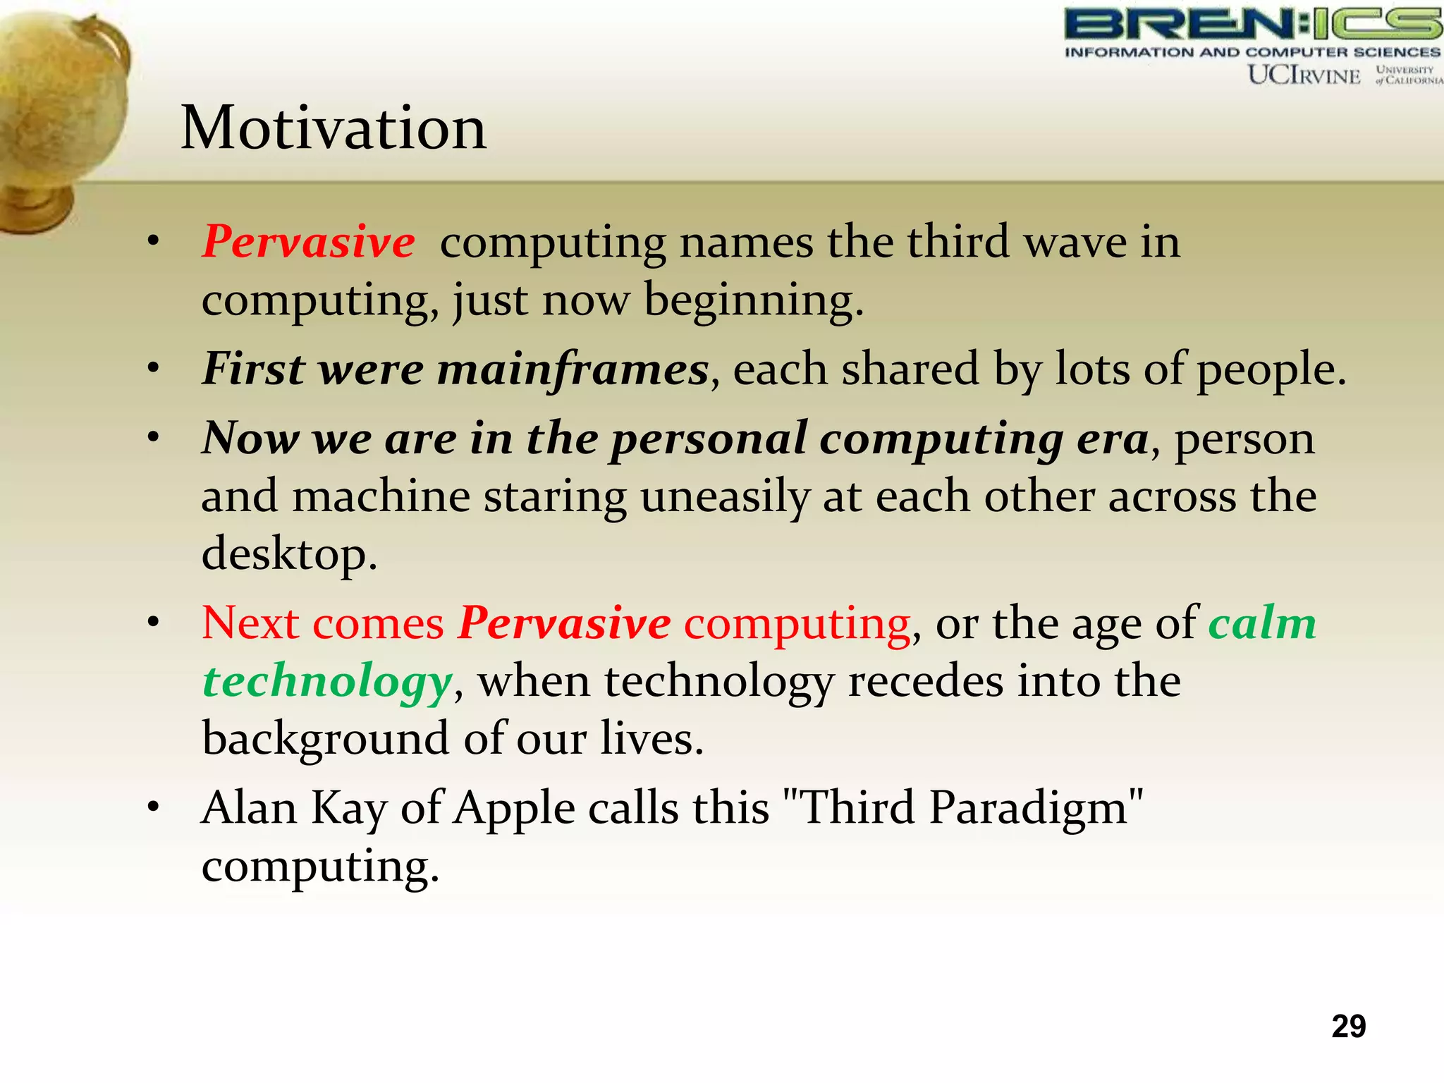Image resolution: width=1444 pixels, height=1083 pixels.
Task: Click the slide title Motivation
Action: (x=333, y=128)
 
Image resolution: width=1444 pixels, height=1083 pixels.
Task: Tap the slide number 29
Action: (x=1348, y=1027)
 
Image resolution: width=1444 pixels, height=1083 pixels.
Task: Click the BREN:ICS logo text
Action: (x=1252, y=25)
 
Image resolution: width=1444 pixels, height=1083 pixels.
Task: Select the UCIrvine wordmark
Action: (x=1304, y=75)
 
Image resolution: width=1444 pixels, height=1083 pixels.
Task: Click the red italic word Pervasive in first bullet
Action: (x=308, y=242)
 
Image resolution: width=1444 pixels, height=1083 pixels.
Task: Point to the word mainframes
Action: (x=572, y=369)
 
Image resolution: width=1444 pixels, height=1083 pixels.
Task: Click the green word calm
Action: (x=1262, y=623)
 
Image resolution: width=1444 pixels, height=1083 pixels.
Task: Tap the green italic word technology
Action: (x=326, y=682)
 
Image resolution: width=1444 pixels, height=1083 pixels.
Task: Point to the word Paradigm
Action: (x=1029, y=808)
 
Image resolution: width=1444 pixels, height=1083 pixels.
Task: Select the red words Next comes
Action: (x=322, y=623)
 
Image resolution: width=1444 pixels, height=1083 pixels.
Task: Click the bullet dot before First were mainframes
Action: (x=153, y=369)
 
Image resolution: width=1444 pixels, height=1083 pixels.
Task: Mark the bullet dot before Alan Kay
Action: (x=153, y=807)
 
